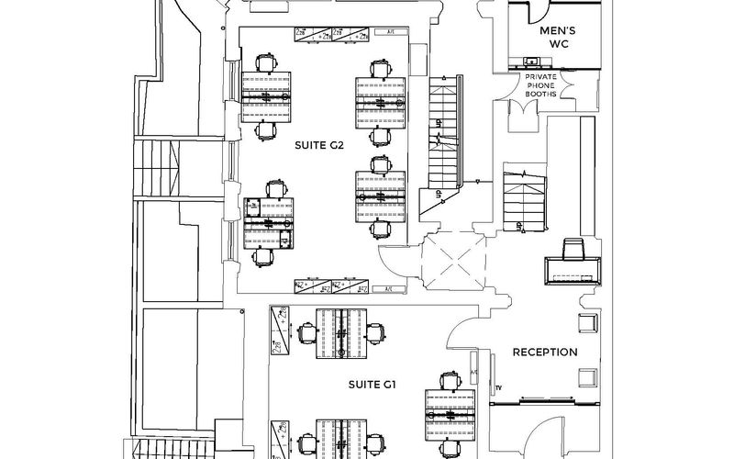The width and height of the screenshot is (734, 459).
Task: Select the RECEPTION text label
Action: pos(544,352)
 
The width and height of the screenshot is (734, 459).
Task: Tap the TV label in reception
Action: pos(499,388)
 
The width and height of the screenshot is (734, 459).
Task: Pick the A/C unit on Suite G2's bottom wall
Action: pos(387,288)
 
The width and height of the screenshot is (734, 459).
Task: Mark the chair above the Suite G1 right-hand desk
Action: pos(448,378)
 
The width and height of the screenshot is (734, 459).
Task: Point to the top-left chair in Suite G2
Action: pos(265,62)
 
